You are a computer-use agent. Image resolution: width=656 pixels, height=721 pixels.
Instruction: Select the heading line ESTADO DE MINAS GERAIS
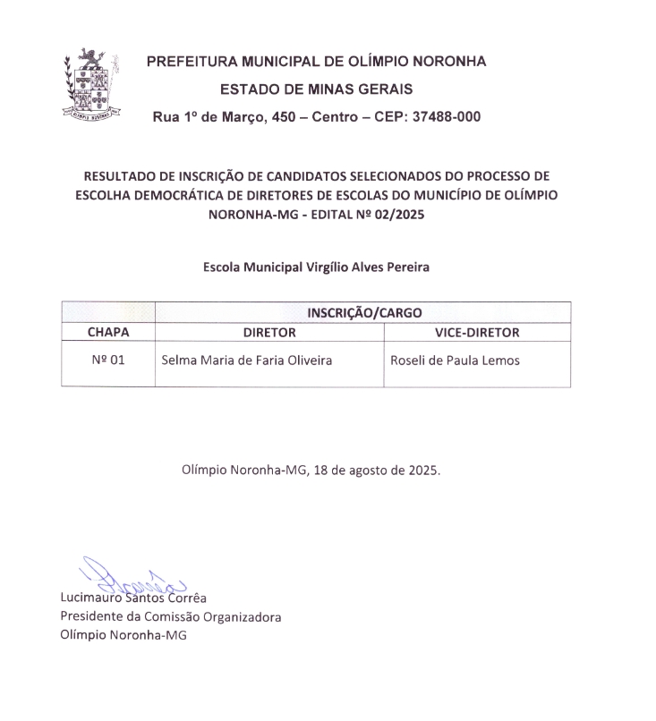pos(316,89)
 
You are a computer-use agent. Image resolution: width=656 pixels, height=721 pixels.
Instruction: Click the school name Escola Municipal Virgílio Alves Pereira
pos(316,267)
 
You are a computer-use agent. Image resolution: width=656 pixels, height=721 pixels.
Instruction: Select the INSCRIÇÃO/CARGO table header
pos(363,312)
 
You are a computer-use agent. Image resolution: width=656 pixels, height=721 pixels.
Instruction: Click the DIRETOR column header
pos(269,332)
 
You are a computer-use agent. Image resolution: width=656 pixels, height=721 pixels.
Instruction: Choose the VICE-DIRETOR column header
pos(476,332)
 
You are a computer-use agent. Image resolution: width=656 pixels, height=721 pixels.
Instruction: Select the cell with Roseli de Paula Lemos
pos(456,361)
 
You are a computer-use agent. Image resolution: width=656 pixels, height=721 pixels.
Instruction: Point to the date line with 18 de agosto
pos(311,470)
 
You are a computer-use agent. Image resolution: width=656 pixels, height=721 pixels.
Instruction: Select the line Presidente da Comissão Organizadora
pos(171,617)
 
